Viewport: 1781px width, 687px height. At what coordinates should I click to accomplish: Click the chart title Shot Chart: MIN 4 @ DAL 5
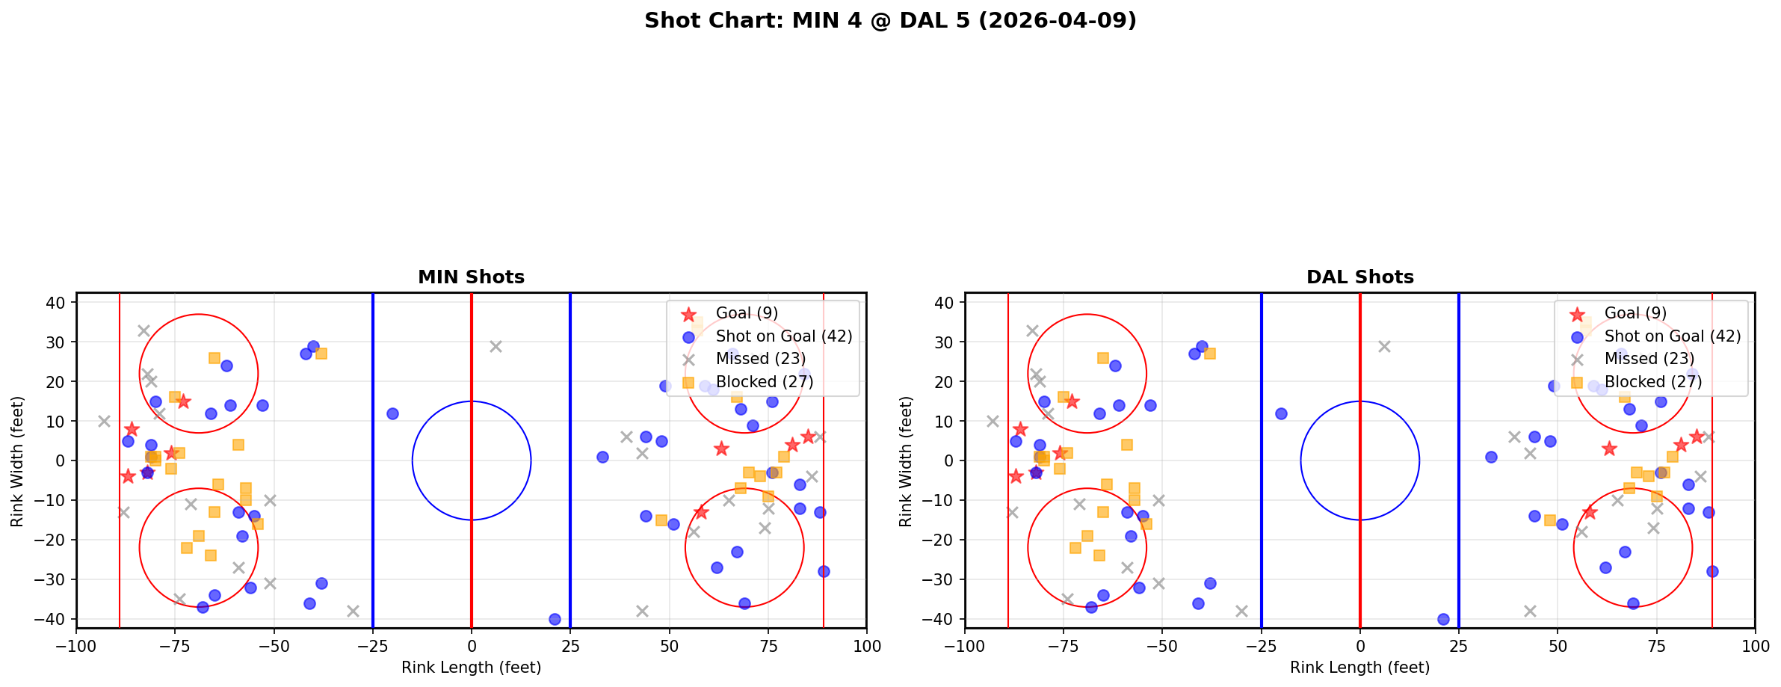[890, 20]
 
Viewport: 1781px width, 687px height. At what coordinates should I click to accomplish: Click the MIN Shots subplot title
[471, 277]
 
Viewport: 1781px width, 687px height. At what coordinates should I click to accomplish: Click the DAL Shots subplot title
[1359, 277]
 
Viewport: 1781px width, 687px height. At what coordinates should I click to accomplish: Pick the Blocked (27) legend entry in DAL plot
[1652, 382]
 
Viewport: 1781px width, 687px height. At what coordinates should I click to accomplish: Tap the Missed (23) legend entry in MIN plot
[760, 359]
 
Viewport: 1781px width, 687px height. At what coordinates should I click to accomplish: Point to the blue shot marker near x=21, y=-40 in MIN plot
[555, 619]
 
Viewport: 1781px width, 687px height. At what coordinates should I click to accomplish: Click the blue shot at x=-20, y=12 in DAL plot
[1281, 413]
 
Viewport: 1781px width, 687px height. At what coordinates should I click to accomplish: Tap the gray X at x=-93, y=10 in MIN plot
[104, 422]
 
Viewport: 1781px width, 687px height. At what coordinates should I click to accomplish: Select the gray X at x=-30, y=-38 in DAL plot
[1241, 611]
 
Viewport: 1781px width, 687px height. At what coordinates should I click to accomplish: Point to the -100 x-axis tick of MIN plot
[76, 645]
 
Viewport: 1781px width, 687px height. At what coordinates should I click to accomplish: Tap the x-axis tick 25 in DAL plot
[1459, 645]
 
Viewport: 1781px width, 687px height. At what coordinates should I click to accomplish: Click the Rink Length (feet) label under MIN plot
[471, 668]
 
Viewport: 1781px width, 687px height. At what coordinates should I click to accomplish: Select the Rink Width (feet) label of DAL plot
[906, 461]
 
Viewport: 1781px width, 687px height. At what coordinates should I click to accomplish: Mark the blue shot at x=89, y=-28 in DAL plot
[1712, 571]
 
